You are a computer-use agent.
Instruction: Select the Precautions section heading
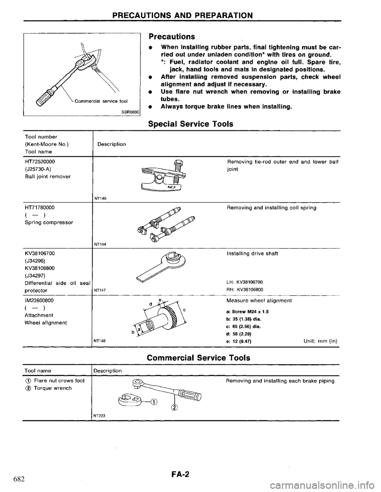point(171,37)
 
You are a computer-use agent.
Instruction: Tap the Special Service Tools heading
point(190,124)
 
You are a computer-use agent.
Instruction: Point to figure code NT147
point(99,290)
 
